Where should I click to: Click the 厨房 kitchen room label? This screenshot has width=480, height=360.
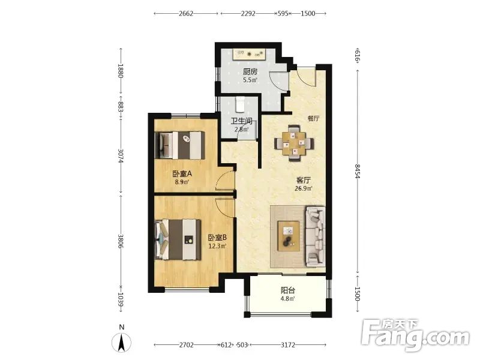coord(250,72)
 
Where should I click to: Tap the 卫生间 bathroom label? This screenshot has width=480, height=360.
coord(241,121)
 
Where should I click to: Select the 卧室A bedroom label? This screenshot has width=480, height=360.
coord(182,174)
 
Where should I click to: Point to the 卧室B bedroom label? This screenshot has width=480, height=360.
coord(217,238)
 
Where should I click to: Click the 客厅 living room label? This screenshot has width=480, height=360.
coord(304,181)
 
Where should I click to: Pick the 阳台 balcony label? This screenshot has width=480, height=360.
coord(288,290)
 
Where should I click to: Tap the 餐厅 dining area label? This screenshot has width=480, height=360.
coord(313,118)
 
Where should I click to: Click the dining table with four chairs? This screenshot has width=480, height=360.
coord(294,143)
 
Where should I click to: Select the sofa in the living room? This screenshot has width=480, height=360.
coord(316,236)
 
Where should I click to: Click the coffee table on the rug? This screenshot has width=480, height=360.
coord(289,236)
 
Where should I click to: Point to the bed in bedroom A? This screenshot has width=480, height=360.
coord(180,145)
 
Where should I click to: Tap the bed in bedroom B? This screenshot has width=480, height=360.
coord(178,239)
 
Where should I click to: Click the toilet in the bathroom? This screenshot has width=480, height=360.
coord(240,104)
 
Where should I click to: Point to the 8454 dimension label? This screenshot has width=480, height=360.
coord(357,172)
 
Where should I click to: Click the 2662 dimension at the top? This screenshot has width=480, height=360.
coord(186,13)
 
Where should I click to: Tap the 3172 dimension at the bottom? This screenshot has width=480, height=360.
coord(288,345)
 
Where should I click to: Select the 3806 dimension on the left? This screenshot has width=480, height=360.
coord(121,241)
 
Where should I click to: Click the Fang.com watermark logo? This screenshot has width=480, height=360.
coord(415,335)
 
